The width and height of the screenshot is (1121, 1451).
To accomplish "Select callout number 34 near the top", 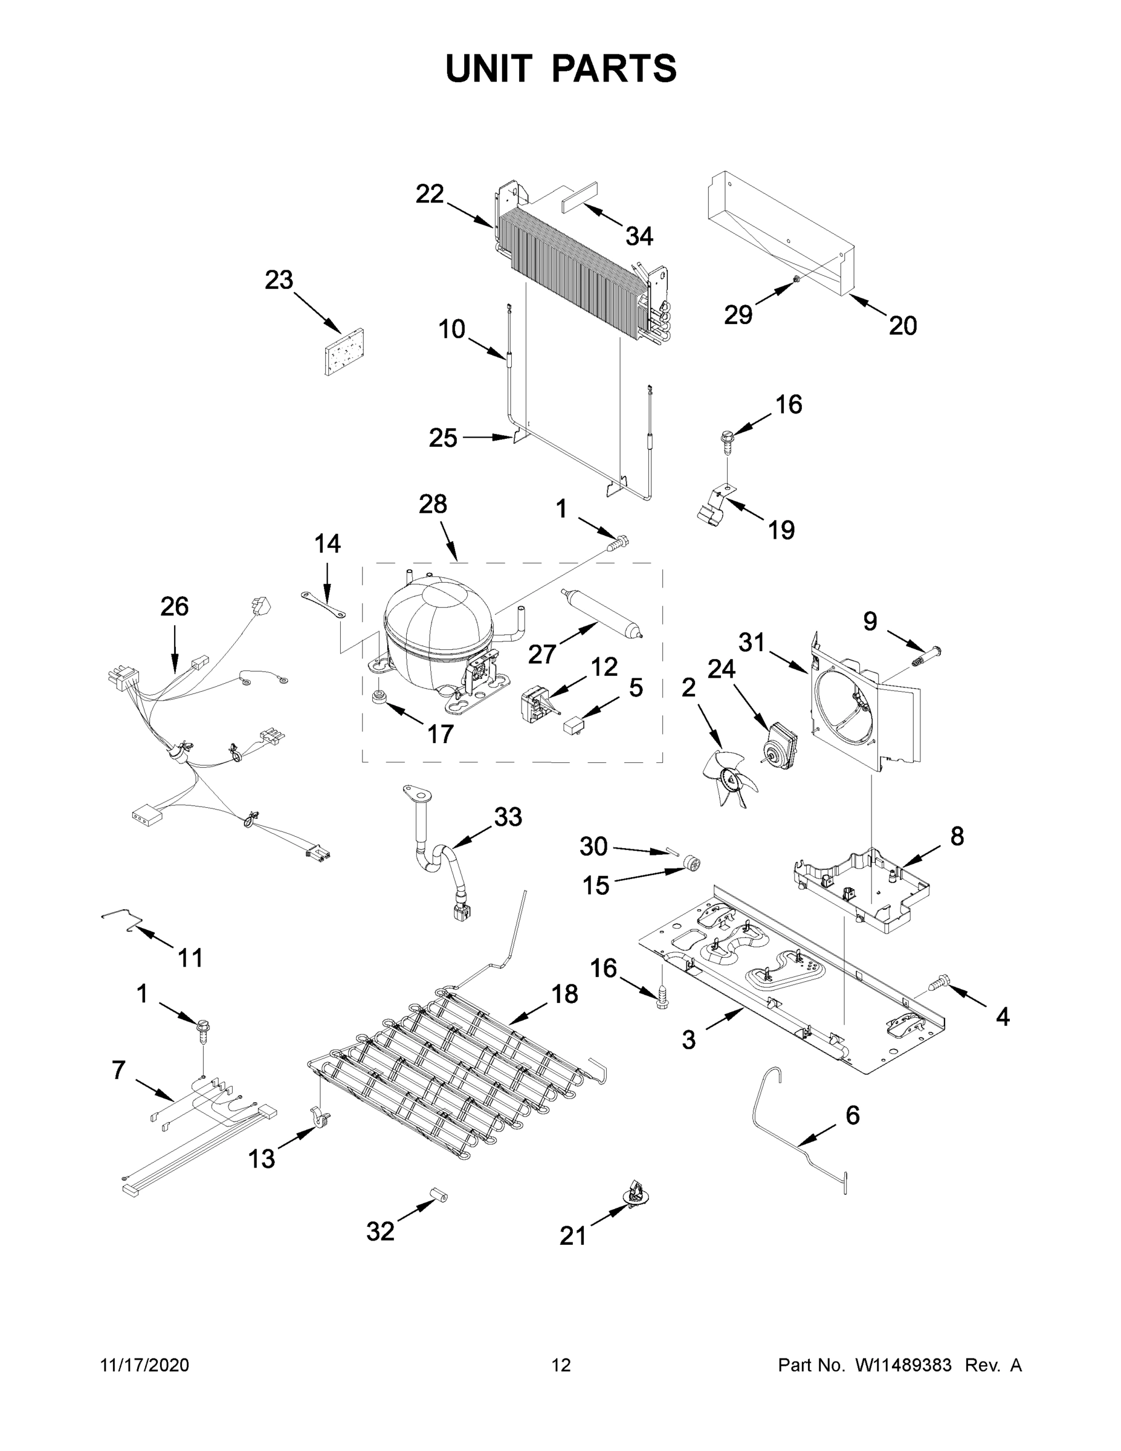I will coord(639,236).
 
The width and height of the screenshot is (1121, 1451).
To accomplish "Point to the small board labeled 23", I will coord(345,351).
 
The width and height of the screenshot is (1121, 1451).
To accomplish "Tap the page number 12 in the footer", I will coord(561,1365).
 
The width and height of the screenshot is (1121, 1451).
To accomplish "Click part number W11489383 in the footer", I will coord(903,1365).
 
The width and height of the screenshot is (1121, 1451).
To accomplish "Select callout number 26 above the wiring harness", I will coord(174,606).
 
